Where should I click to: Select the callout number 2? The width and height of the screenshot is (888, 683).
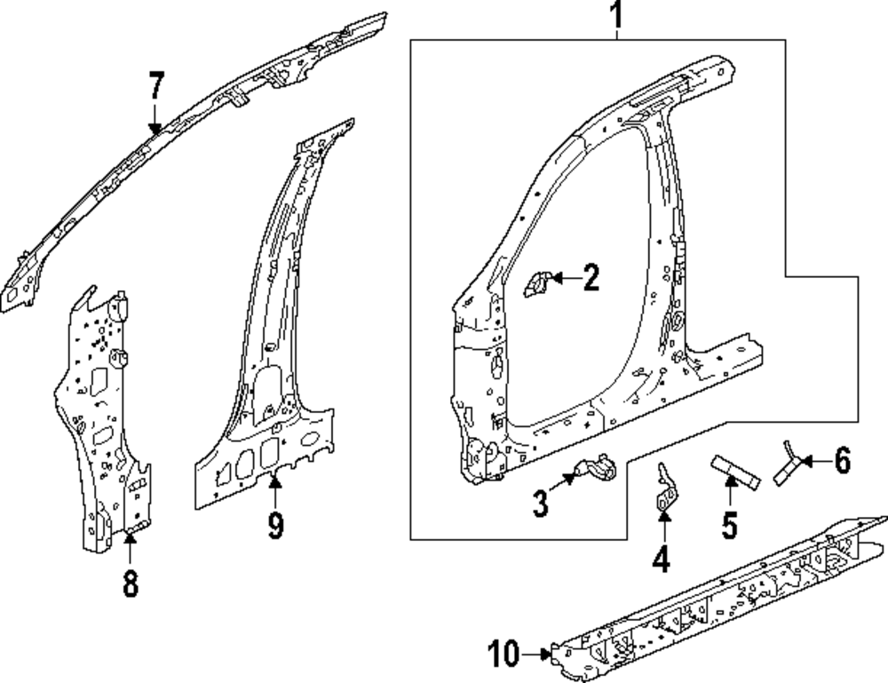[591, 279]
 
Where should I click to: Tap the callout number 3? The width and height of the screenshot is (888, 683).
[541, 503]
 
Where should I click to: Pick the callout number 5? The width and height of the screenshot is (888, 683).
[729, 525]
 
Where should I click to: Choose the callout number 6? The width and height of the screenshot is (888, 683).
[842, 461]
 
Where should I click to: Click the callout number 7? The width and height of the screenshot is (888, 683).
[156, 86]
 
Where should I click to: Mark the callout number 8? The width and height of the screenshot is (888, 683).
[131, 584]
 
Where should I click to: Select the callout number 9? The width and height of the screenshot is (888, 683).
[275, 526]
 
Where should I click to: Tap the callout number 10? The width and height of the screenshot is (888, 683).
[503, 655]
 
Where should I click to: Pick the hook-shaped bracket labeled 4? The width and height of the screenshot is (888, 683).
[664, 489]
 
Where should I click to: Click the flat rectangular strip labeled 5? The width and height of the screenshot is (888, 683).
[735, 470]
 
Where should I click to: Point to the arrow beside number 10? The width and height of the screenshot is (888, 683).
[539, 655]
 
